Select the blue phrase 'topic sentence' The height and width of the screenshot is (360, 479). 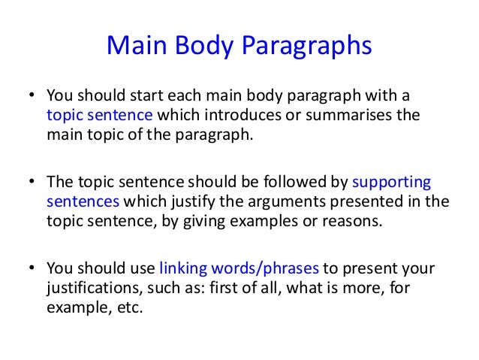point(100,115)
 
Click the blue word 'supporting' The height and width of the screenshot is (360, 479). point(392,183)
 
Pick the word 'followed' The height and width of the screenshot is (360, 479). point(292,183)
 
